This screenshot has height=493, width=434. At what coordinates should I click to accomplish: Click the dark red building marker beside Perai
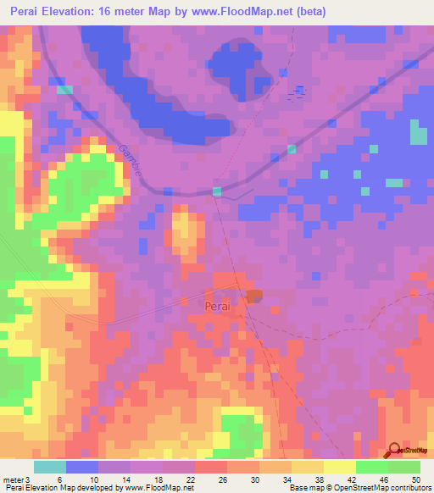(253, 295)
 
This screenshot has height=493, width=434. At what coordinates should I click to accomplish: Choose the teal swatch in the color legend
(50, 467)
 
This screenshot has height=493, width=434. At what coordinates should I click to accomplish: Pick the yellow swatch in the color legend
(340, 467)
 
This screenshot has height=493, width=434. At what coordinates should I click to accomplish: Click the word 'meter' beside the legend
(14, 479)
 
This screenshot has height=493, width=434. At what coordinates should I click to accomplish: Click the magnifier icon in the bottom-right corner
(395, 451)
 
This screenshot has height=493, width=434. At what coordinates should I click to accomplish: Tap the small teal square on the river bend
(217, 192)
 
